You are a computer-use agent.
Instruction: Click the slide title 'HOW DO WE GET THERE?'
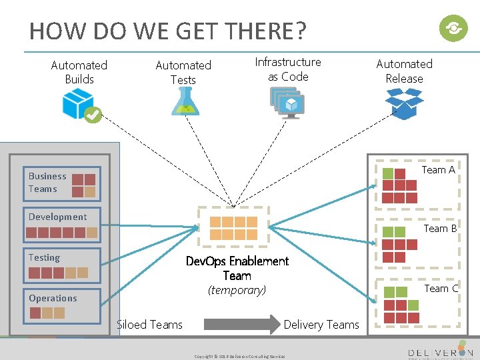pos(167,31)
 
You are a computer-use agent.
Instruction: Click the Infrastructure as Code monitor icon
pos(288,102)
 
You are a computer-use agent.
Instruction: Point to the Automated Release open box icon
pos(404,103)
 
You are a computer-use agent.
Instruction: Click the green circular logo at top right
pos(453,28)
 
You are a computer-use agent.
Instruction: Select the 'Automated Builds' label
pos(79,72)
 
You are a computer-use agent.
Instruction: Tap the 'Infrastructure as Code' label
pos(288,69)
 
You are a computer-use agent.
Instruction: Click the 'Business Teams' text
pos(47,183)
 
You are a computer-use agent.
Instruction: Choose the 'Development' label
pos(57,217)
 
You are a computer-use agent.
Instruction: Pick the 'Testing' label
pos(44,257)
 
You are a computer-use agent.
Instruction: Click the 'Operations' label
pos(53,298)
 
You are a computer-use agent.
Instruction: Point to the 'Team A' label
pos(437,170)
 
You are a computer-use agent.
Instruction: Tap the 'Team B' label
pos(440,228)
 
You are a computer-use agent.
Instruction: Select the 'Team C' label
pos(441,288)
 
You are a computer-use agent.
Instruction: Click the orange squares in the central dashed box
pos(233,228)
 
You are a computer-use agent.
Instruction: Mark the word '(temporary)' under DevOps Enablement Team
pos(237,290)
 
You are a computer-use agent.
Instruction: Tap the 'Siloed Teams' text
pos(149,325)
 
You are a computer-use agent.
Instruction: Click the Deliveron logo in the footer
pos(440,351)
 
